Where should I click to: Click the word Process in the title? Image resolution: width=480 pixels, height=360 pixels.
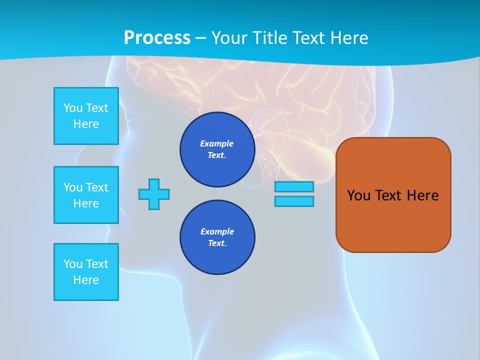pyautogui.click(x=157, y=38)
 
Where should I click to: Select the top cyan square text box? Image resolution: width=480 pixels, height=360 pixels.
pyautogui.click(x=86, y=116)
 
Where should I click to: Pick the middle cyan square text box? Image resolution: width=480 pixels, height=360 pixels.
pyautogui.click(x=86, y=195)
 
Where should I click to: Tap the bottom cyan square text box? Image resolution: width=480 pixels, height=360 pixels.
pyautogui.click(x=86, y=272)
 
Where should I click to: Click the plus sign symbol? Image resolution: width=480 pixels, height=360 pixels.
pyautogui.click(x=154, y=194)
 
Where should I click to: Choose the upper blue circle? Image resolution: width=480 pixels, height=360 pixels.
pyautogui.click(x=217, y=149)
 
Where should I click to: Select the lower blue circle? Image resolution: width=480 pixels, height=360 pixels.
pyautogui.click(x=217, y=237)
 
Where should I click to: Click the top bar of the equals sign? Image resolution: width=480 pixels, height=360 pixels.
pyautogui.click(x=294, y=186)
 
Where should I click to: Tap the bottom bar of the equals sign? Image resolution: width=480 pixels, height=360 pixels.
pyautogui.click(x=294, y=201)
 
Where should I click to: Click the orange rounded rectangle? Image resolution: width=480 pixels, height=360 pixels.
pyautogui.click(x=393, y=220)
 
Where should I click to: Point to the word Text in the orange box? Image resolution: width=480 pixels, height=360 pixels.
pyautogui.click(x=388, y=195)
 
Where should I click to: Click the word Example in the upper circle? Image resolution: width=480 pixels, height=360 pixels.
pyautogui.click(x=217, y=143)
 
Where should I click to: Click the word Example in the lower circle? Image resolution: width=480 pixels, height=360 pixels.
pyautogui.click(x=217, y=231)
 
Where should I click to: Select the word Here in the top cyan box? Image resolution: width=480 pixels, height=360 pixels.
pyautogui.click(x=86, y=124)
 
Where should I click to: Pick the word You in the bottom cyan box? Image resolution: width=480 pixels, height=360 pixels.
pyautogui.click(x=73, y=264)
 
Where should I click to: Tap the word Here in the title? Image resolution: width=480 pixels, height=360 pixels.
pyautogui.click(x=349, y=38)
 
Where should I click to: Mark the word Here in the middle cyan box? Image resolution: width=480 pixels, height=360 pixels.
pyautogui.click(x=86, y=203)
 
